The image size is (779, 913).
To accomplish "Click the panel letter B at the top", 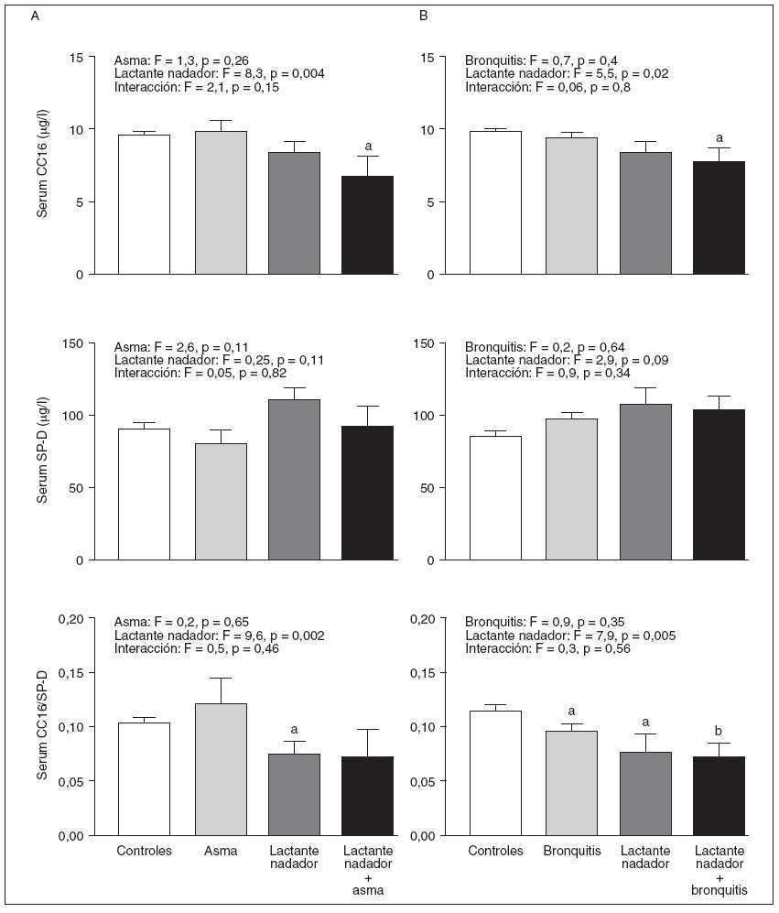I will (x=424, y=16).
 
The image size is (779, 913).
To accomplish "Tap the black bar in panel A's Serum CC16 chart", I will (x=367, y=225).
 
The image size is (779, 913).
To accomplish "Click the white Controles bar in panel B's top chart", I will (x=495, y=202).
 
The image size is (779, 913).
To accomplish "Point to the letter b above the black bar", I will (x=719, y=732).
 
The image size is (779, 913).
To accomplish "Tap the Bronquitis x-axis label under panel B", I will (x=571, y=851).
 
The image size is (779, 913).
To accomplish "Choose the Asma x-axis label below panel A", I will (x=221, y=851).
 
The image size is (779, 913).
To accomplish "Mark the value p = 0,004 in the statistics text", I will (x=294, y=73).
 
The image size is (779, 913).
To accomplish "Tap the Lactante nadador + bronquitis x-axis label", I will (x=719, y=869).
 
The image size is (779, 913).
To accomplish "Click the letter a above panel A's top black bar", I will (x=368, y=146).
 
